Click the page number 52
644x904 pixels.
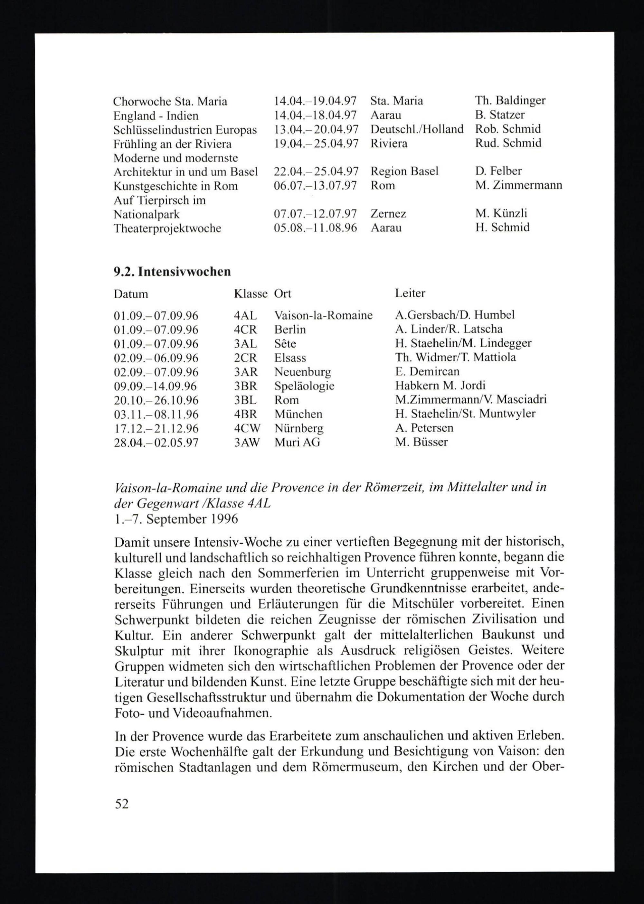point(122,804)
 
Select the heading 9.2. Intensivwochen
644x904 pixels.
point(172,272)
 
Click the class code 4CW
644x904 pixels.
point(247,428)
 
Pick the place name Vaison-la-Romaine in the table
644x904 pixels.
point(323,315)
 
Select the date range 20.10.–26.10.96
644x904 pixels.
point(156,400)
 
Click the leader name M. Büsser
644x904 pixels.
point(421,442)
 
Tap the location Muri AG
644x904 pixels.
point(297,442)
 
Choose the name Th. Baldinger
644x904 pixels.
point(510,101)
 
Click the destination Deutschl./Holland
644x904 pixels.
point(416,129)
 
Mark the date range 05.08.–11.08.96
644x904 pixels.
point(315,228)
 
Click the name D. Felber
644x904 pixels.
point(498,171)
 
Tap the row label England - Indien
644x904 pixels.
point(156,116)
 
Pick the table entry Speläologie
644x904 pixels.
point(304,386)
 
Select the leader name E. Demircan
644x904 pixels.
point(427,371)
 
